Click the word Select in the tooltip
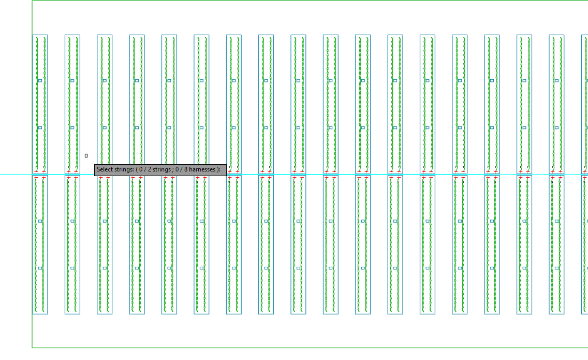point(104,169)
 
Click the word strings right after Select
point(123,170)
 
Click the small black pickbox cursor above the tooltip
point(86,155)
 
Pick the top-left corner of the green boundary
point(32,1)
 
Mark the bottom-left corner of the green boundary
point(32,348)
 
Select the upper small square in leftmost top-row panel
point(40,81)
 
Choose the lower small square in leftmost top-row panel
point(40,127)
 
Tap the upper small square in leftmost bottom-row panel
point(40,221)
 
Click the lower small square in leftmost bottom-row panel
point(40,268)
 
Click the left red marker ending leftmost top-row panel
point(36,172)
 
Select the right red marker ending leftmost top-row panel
point(44,172)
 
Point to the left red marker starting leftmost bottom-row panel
point(36,178)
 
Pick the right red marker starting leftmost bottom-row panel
point(44,178)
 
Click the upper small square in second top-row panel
point(72,81)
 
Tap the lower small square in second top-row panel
point(72,127)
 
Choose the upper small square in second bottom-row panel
point(72,221)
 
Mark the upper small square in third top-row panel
point(105,81)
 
